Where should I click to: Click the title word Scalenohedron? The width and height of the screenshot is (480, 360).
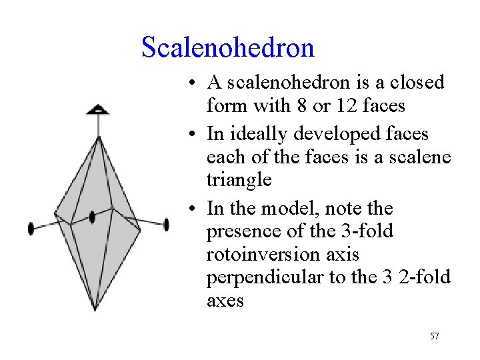[227, 47]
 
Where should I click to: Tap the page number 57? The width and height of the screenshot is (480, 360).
[434, 336]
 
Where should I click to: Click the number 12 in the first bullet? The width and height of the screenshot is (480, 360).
[335, 105]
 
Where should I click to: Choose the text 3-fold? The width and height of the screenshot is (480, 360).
[367, 231]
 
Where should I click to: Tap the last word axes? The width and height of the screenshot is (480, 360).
[225, 301]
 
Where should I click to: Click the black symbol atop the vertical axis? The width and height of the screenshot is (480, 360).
[99, 109]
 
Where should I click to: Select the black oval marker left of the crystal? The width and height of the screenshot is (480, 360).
[31, 229]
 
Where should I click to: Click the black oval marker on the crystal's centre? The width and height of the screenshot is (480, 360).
[93, 217]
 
